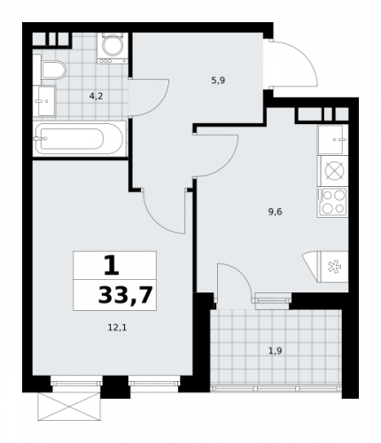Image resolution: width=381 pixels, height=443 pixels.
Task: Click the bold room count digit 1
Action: [113, 264]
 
